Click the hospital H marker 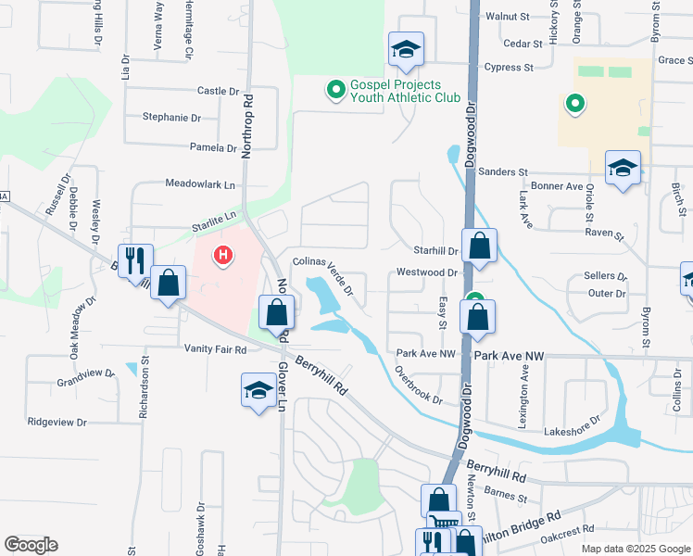click(222, 254)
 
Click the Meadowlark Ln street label click(199, 184)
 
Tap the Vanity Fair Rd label click(215, 350)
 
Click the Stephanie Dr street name click(171, 118)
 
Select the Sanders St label click(504, 172)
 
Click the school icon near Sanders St click(624, 168)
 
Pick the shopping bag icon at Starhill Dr click(479, 246)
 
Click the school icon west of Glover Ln click(259, 390)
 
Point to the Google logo click(31, 545)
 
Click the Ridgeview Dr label click(57, 422)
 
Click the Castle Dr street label click(218, 91)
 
